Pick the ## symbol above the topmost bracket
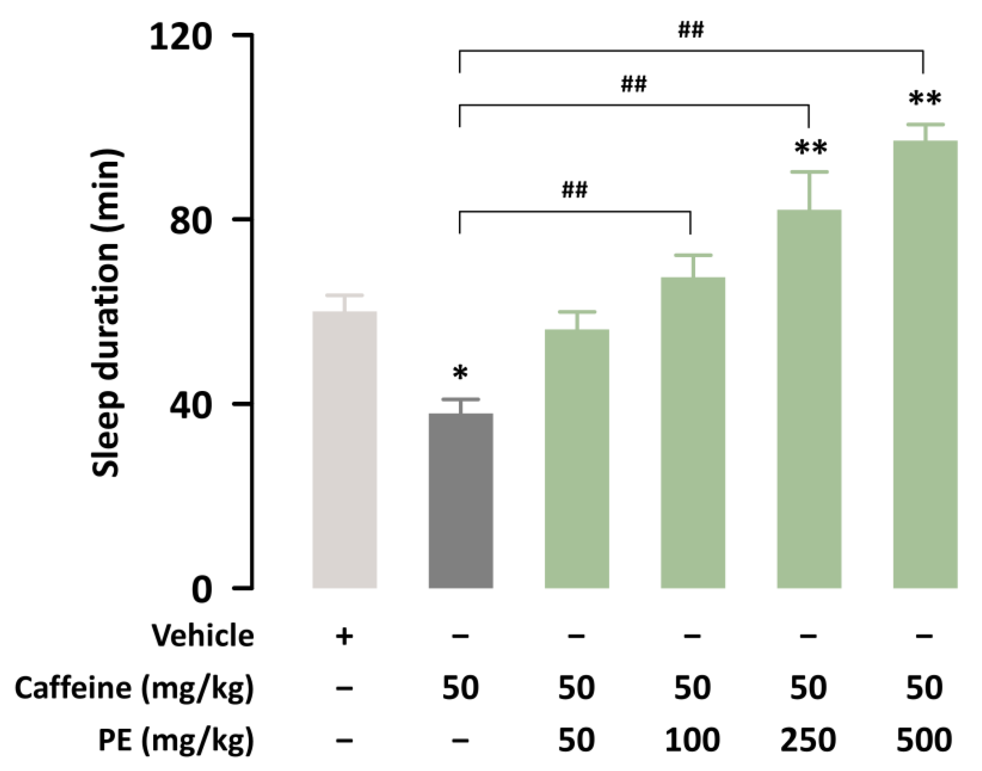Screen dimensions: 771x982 691,31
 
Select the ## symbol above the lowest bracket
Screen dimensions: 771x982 574,190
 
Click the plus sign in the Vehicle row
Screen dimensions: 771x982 344,637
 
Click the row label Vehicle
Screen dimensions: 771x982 203,636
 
